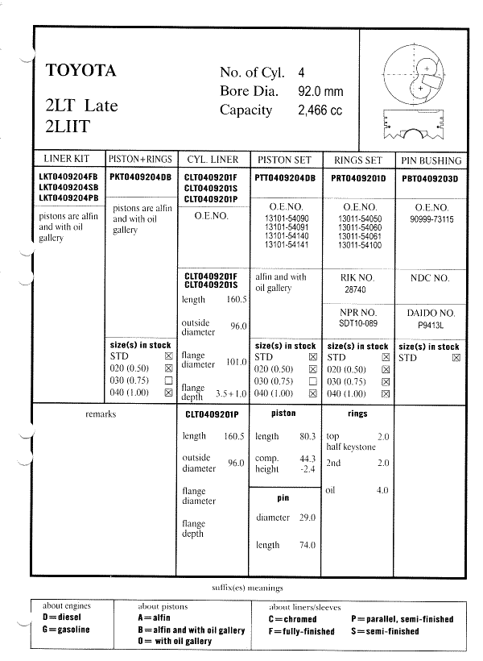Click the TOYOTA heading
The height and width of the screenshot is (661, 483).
click(x=81, y=70)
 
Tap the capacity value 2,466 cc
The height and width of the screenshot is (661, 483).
click(x=320, y=110)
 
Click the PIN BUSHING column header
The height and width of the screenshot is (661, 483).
click(x=431, y=160)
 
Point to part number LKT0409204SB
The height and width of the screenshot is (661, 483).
click(x=68, y=187)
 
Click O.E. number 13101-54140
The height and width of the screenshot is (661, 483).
click(x=285, y=237)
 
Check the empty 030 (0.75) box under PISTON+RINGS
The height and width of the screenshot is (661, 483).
click(x=167, y=380)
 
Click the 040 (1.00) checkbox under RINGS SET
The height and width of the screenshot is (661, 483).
click(x=384, y=393)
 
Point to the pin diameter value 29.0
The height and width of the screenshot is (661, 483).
click(x=307, y=518)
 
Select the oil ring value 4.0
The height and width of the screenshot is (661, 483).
click(x=382, y=490)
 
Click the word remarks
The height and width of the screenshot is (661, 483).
click(x=101, y=414)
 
